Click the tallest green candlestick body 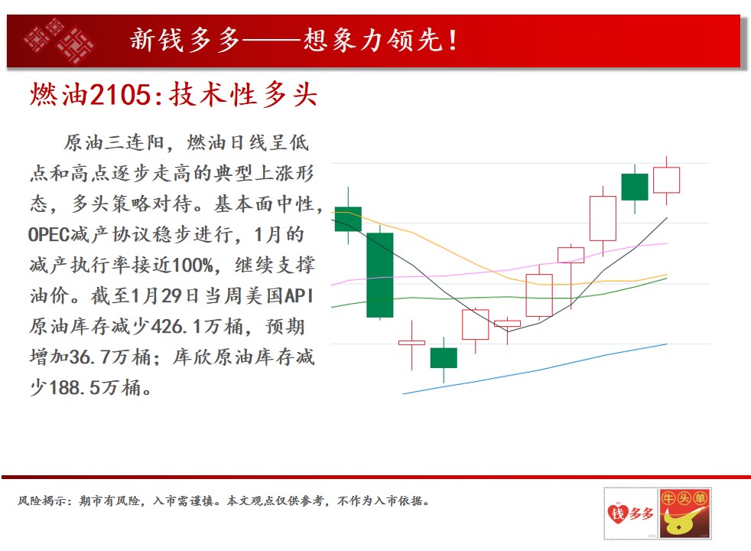point(380,275)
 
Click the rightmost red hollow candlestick point(666,180)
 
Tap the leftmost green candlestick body point(348,219)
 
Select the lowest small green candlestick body point(444,358)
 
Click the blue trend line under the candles point(535,370)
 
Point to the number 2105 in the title point(121,94)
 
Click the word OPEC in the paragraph point(49,235)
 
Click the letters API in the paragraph point(299,295)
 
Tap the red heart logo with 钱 point(617,514)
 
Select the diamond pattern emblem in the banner point(60,41)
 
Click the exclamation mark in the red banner point(452,41)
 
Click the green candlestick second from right point(635,187)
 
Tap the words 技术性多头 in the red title point(243,94)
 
